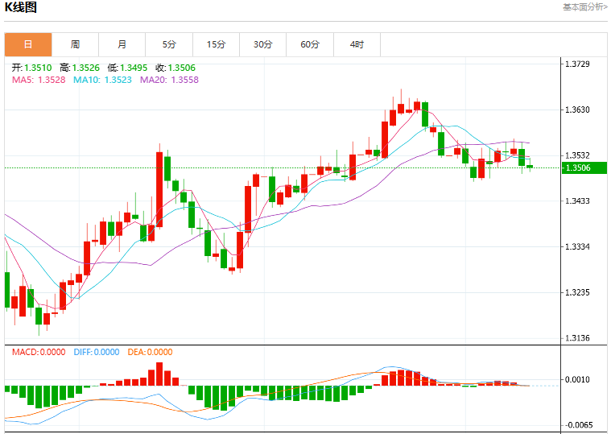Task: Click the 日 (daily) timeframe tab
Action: pos(28,44)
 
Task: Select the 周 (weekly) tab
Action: pos(75,44)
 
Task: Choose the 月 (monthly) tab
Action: pos(122,44)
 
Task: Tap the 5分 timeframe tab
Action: pos(169,44)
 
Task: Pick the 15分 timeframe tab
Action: pos(217,44)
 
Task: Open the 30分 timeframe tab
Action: pos(263,44)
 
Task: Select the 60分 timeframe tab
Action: pos(310,44)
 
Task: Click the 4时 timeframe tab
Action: pos(357,44)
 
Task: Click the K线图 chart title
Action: pos(21,7)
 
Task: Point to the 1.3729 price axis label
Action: pos(577,64)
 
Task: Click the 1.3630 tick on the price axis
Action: pos(577,110)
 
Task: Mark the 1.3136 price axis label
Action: pos(577,338)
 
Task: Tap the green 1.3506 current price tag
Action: pos(584,168)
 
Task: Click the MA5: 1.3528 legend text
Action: pos(39,80)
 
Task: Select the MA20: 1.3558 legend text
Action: pos(170,80)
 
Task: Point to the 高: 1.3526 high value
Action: pos(80,68)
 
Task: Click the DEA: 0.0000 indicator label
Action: pos(150,352)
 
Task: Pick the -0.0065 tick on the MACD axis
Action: pos(576,425)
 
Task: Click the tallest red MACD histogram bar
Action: pos(159,374)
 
